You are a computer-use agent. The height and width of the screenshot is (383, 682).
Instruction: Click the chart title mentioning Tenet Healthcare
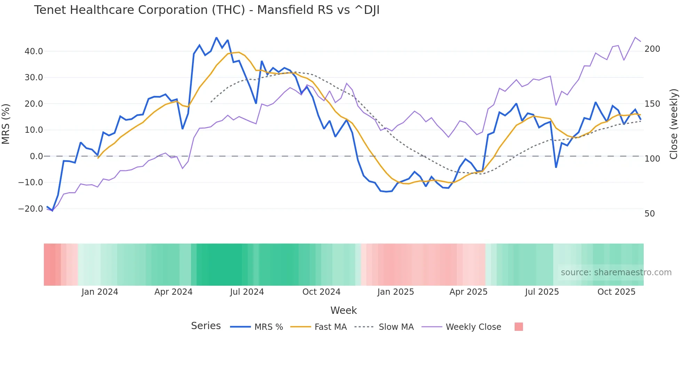(207, 10)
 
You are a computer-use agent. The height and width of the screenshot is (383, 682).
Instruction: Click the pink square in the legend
(518, 327)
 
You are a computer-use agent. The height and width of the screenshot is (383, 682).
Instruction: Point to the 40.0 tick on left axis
(34, 51)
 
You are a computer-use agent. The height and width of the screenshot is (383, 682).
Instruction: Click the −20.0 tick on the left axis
(31, 209)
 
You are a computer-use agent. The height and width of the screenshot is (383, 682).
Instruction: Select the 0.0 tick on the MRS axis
(36, 156)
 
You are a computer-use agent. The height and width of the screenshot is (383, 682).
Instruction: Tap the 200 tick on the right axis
(652, 49)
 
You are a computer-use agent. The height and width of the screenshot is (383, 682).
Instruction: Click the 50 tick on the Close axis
(649, 214)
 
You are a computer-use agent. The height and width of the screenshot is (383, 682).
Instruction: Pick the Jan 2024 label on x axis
(100, 292)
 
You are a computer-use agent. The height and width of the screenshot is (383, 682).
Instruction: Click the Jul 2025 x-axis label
(542, 292)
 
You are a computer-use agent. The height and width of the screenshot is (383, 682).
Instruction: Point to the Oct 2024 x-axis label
(321, 292)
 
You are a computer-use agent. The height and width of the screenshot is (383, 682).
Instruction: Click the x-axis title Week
(343, 310)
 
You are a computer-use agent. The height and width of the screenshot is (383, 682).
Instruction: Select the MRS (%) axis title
(6, 124)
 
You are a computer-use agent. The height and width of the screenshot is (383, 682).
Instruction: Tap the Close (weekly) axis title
(674, 124)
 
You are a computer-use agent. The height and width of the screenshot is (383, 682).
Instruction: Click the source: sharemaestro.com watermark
(616, 272)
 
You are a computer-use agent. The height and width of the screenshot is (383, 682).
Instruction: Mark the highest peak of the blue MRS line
(216, 38)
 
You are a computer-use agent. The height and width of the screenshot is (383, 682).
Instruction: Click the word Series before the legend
(206, 326)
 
